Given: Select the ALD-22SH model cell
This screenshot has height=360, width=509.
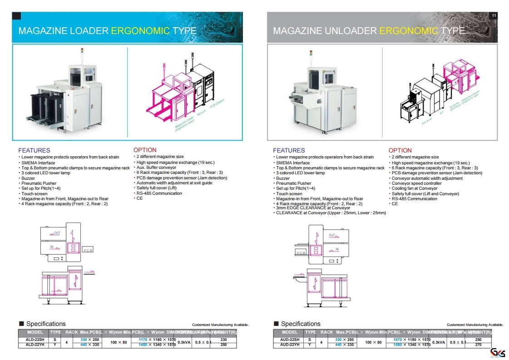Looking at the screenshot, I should click(x=35, y=340).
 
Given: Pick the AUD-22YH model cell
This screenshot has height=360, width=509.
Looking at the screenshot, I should click(x=290, y=345).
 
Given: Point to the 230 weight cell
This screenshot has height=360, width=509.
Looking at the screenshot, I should click(x=223, y=340).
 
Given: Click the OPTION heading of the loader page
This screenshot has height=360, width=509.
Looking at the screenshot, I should click(x=145, y=150).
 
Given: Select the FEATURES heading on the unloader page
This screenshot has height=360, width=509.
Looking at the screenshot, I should click(x=289, y=150).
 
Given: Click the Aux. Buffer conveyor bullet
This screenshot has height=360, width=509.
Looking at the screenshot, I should click(x=156, y=168).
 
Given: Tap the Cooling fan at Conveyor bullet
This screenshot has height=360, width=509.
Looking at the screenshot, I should click(x=415, y=188).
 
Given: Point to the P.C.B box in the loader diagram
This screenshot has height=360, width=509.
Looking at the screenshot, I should click(x=87, y=250).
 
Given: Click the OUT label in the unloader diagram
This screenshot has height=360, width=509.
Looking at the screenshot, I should click(x=332, y=236).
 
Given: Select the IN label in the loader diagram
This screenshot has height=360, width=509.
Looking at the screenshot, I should click(x=52, y=247).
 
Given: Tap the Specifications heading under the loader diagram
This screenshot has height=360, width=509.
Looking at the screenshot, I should click(x=45, y=324).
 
